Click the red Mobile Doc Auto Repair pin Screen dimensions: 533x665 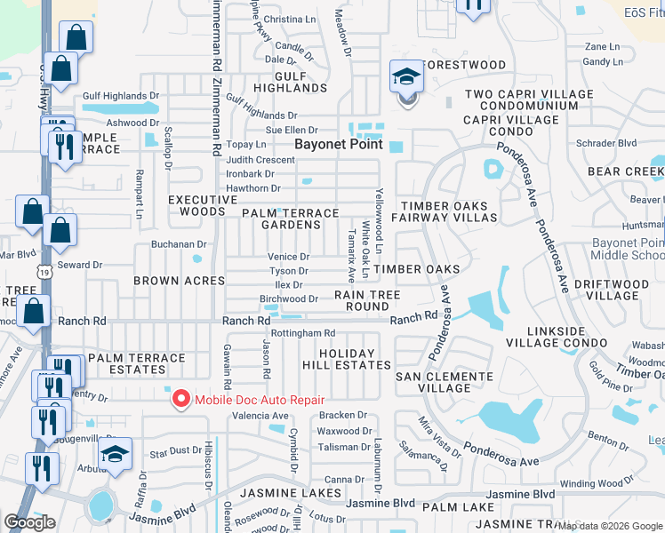point(181,400)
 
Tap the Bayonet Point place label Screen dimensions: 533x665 point(339,144)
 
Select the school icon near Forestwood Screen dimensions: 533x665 point(406,78)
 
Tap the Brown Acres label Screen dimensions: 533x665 point(180,281)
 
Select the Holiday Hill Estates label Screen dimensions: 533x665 point(355,359)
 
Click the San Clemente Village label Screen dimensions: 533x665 point(445,382)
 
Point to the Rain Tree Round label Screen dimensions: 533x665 point(367,300)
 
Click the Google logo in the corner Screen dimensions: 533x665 point(30,522)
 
